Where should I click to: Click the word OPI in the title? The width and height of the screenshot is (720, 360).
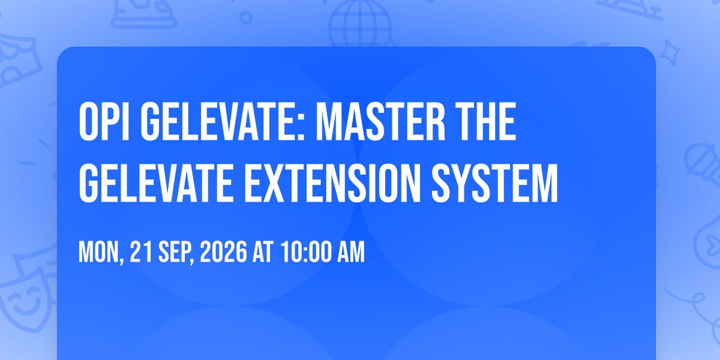coord(104,122)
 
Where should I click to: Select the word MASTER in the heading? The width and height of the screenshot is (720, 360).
coord(380,122)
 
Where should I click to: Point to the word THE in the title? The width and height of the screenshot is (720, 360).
coord(485,122)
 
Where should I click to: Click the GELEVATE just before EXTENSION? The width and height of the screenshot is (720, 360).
coord(156,183)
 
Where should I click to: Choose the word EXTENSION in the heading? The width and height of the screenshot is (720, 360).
coord(332,183)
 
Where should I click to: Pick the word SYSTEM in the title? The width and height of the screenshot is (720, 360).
coord(494,183)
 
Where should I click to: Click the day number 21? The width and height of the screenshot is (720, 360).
coord(141,252)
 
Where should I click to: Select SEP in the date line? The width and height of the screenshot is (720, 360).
coord(176,253)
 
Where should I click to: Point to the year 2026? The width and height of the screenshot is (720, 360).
coord(224,252)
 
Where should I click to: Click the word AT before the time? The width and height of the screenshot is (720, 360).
coord(263,252)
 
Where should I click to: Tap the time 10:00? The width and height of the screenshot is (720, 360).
coord(305,252)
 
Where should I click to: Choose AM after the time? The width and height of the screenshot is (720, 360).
coord(351,252)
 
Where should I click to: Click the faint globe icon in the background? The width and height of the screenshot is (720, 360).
coord(361,24)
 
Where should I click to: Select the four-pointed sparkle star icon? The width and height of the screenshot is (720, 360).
coord(669,53)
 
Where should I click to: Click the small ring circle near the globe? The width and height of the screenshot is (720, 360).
coord(246,17)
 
